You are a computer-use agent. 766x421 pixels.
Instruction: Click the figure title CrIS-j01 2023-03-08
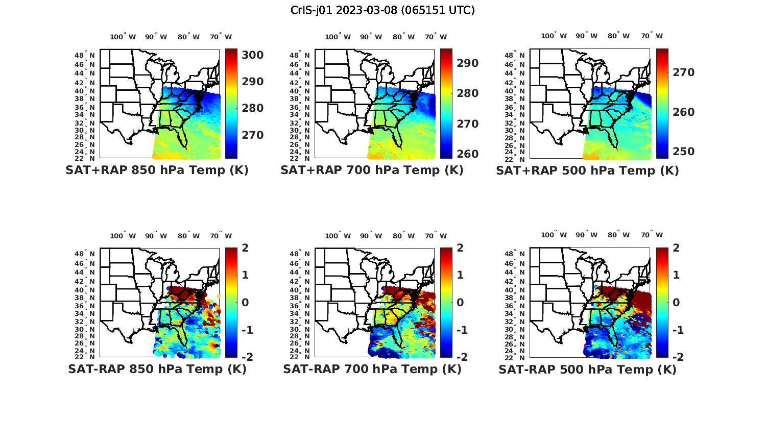382,10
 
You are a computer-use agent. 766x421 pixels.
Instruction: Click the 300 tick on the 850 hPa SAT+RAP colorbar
252,55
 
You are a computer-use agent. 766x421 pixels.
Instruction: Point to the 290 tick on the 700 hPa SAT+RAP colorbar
467,63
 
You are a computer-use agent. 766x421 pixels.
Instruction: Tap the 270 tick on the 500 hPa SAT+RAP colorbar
683,72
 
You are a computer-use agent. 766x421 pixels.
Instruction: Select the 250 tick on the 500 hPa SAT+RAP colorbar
683,152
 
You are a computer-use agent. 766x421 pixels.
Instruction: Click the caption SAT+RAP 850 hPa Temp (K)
157,170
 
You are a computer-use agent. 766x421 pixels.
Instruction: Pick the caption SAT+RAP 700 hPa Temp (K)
372,170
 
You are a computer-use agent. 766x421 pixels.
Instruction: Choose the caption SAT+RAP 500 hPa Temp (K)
587,170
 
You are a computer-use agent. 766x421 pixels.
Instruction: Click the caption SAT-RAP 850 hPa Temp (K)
157,369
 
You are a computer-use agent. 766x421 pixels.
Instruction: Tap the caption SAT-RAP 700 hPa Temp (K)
372,369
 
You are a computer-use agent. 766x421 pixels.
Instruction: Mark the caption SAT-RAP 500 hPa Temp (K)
587,369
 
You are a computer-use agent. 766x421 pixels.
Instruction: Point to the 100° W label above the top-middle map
338,37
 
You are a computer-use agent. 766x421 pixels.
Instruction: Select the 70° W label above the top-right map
652,36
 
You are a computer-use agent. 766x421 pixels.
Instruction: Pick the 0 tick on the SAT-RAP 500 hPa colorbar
676,303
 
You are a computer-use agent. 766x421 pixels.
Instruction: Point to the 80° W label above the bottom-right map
618,235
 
